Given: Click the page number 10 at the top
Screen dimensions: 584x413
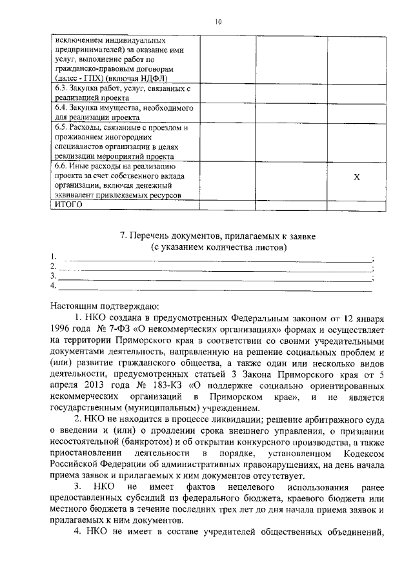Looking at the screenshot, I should pos(218,21).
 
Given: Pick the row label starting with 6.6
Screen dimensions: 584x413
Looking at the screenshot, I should pos(123,180).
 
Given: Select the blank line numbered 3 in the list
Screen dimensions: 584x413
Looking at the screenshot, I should pos(213,277).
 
